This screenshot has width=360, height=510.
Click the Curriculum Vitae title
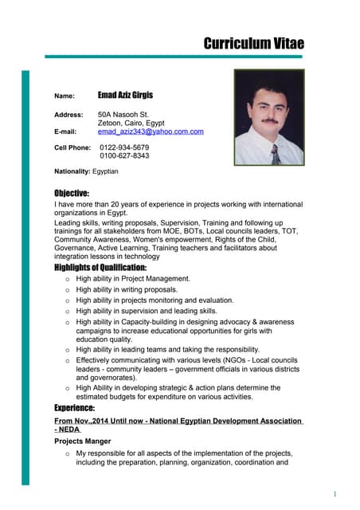[x=253, y=43]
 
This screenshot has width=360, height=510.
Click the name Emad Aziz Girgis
[x=131, y=95]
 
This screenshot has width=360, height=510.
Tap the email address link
[x=151, y=131]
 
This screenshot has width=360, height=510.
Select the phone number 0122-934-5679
[x=124, y=147]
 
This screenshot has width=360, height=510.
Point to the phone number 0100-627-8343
[x=124, y=156]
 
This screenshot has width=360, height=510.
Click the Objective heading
[x=72, y=193]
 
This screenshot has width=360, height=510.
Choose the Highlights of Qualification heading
[x=100, y=267]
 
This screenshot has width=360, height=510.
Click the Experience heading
[x=74, y=408]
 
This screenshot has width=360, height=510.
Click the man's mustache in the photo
[x=269, y=120]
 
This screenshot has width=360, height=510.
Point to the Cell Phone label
[x=72, y=147]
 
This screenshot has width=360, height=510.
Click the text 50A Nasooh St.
[x=123, y=115]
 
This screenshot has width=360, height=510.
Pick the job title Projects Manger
[x=82, y=441]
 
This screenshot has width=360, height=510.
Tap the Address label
[x=68, y=115]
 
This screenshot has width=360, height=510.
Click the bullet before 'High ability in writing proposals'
[x=67, y=290]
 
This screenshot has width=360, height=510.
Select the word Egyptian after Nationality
[x=105, y=171]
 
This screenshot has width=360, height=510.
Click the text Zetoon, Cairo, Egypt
[x=131, y=124]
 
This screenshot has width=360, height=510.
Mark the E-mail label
[x=65, y=131]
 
